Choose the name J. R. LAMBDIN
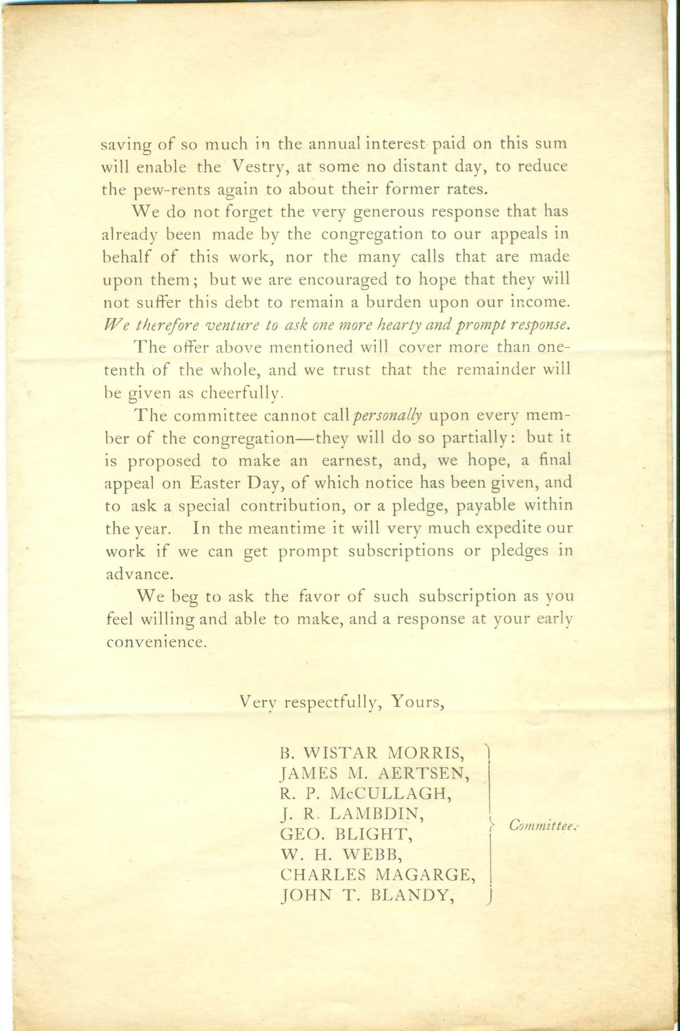[352, 814]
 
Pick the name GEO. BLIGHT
[344, 834]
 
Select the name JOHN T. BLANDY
[368, 895]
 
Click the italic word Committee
[542, 825]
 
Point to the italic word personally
[387, 416]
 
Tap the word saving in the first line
[126, 145]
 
